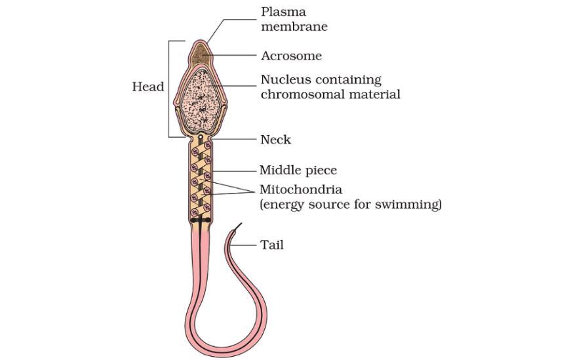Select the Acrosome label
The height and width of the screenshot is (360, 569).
tap(291, 56)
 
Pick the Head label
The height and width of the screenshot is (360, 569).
tap(148, 87)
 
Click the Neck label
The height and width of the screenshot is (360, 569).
tap(275, 140)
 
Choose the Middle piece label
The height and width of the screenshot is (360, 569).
tap(298, 170)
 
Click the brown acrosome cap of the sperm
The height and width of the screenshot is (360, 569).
tap(201, 50)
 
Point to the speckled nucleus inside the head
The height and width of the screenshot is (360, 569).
tap(201, 102)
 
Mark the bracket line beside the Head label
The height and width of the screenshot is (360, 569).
tap(169, 89)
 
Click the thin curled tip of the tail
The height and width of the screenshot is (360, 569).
tap(235, 228)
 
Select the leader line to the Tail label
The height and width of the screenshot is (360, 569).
tap(249, 247)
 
